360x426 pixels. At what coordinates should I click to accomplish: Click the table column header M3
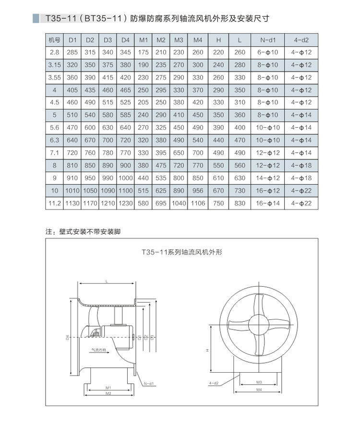[x=179, y=39]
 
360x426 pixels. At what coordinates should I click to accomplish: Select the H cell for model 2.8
[x=218, y=52]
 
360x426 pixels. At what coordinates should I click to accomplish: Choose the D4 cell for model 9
[x=125, y=178]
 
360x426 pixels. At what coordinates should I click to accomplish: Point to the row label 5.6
[x=54, y=128]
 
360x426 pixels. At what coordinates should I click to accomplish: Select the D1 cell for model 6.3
[x=72, y=140]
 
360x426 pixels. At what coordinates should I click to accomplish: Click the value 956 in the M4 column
[x=198, y=191]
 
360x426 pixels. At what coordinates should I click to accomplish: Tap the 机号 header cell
[x=54, y=39]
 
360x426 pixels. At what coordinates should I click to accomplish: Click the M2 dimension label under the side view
[x=108, y=393]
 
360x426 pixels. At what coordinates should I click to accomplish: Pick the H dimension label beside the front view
[x=208, y=350]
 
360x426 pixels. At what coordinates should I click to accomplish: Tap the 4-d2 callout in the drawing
[x=214, y=383]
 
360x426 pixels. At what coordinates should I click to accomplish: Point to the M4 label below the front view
[x=259, y=389]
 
